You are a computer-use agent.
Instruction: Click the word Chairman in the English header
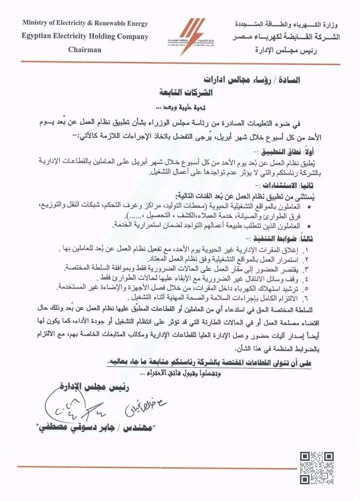85,50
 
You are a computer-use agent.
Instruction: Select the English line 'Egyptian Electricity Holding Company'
85,37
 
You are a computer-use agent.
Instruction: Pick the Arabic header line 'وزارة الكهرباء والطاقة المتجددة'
287,25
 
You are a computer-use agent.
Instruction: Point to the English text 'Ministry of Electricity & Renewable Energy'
85,23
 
